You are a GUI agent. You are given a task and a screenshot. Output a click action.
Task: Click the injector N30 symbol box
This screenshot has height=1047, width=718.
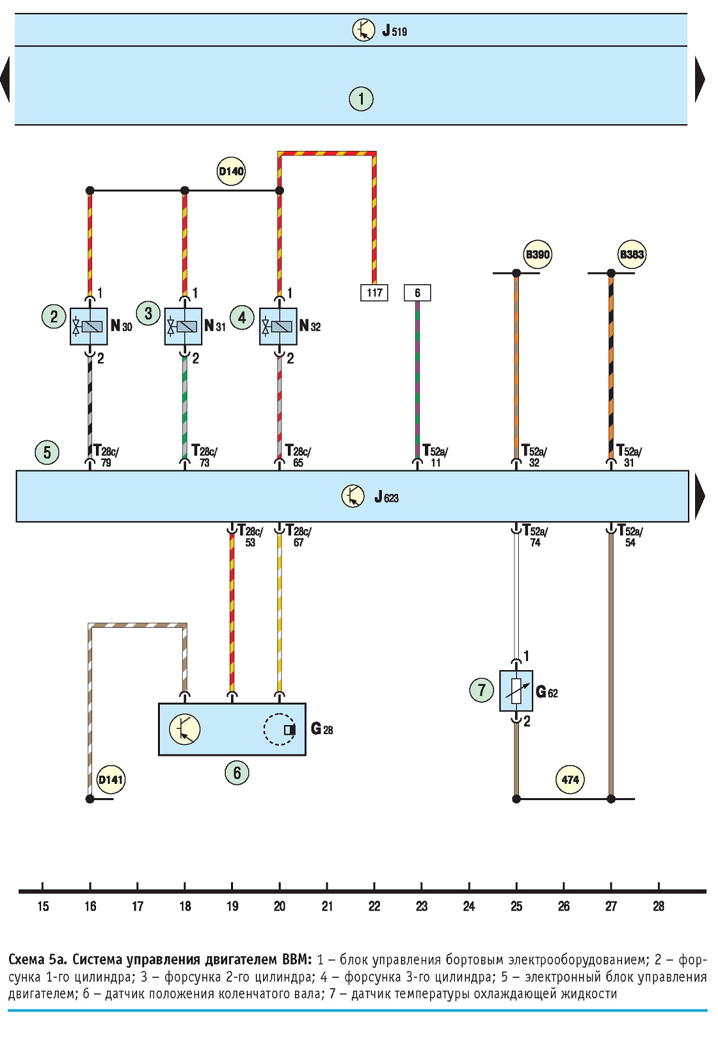click(x=89, y=327)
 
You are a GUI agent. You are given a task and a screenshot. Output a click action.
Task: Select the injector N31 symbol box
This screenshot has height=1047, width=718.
click(x=183, y=327)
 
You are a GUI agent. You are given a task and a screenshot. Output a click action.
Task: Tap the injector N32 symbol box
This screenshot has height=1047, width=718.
click(x=278, y=327)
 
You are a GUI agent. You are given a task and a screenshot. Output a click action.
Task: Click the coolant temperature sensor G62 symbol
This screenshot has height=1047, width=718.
click(x=516, y=691)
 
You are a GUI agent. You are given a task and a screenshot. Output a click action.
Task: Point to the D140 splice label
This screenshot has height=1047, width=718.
click(x=231, y=171)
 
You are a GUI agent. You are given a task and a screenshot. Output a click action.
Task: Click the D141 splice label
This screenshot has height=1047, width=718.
click(x=111, y=779)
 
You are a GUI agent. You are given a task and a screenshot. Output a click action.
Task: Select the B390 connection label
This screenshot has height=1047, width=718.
click(x=538, y=255)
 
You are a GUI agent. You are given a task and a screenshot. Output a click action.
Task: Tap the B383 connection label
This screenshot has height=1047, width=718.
click(x=632, y=255)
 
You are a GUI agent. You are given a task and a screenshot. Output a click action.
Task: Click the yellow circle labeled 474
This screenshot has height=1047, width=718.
click(x=570, y=779)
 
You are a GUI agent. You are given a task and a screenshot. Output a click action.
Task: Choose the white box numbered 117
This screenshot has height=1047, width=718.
click(x=374, y=293)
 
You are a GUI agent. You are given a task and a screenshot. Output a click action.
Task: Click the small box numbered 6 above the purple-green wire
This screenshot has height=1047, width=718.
click(x=417, y=293)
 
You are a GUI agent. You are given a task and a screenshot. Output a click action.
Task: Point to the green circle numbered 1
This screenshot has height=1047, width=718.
click(x=361, y=99)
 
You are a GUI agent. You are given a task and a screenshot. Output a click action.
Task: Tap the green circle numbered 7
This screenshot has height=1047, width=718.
click(x=482, y=690)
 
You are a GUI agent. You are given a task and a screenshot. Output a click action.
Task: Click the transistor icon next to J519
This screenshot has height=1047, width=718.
click(x=364, y=31)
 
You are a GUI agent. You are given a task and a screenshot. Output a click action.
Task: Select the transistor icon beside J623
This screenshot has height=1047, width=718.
click(x=353, y=496)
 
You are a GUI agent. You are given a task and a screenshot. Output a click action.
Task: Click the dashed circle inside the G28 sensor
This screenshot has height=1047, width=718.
click(x=279, y=729)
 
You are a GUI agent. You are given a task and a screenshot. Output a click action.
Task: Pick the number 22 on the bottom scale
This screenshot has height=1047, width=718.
click(x=374, y=907)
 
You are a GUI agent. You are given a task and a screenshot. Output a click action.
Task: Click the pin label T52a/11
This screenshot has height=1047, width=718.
click(x=435, y=456)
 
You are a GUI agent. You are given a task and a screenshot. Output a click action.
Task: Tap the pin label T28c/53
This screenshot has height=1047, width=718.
click(x=251, y=536)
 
